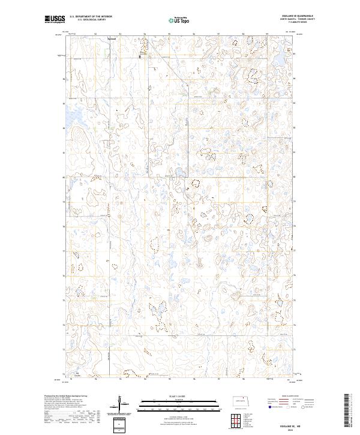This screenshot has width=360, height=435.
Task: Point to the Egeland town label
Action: (x=111, y=40)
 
